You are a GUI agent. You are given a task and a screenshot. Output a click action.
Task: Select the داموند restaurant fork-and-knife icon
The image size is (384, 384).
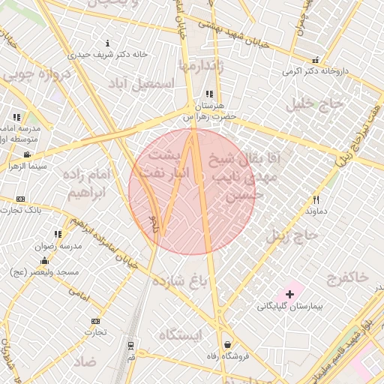[x=316, y=199]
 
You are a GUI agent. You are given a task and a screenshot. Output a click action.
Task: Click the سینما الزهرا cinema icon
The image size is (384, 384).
[x=27, y=155]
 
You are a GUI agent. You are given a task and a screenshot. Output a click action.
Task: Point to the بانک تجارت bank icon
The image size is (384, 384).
[x=20, y=199]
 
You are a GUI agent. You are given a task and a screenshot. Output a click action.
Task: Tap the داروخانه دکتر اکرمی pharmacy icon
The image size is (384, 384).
[x=316, y=60]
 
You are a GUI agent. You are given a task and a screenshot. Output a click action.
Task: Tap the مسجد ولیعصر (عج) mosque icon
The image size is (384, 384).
[x=43, y=260]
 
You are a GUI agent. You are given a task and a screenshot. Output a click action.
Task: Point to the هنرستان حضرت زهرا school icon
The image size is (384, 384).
[x=209, y=94]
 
